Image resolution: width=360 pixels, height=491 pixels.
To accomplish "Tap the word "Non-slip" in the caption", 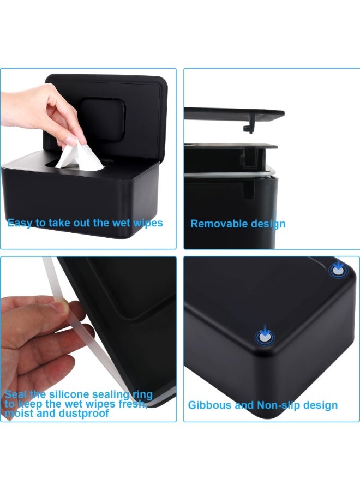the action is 278,405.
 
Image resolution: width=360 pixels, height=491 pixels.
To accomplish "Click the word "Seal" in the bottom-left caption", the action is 16,394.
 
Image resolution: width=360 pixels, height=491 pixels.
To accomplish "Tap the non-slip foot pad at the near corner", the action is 265,338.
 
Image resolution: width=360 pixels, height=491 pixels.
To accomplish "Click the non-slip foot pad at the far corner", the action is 338,271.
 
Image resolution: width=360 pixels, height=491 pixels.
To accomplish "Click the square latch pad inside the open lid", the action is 103,119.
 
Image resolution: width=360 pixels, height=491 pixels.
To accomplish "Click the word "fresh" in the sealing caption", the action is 132,404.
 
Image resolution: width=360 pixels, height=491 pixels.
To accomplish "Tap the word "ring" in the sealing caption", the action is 143,395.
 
